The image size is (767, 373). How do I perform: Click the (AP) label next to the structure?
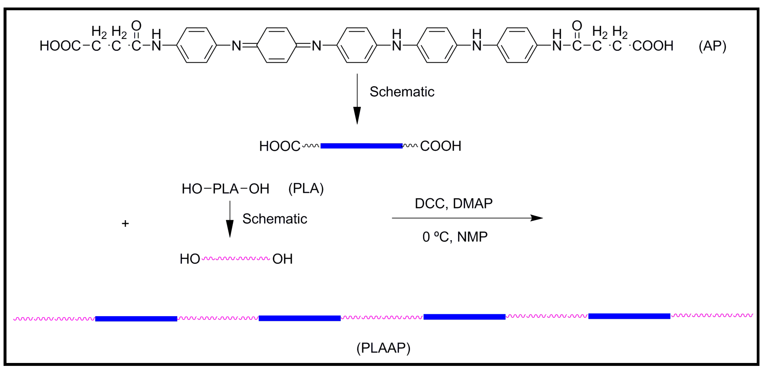(712, 46)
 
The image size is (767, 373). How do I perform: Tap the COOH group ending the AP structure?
(653, 46)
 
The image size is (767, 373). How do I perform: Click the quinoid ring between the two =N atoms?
(277, 45)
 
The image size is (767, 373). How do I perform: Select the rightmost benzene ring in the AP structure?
(517, 45)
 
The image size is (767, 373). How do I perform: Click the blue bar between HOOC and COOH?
(361, 146)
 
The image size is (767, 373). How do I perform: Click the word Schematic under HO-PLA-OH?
(274, 219)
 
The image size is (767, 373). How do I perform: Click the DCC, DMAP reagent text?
(453, 203)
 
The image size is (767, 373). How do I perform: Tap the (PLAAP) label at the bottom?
(383, 348)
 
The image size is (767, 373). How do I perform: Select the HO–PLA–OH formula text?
(225, 189)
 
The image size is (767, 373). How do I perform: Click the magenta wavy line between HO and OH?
(236, 258)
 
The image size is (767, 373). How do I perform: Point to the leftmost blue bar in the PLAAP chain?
(136, 319)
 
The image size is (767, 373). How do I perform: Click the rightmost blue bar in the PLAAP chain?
(629, 316)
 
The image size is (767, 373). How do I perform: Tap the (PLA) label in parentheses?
(306, 189)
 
